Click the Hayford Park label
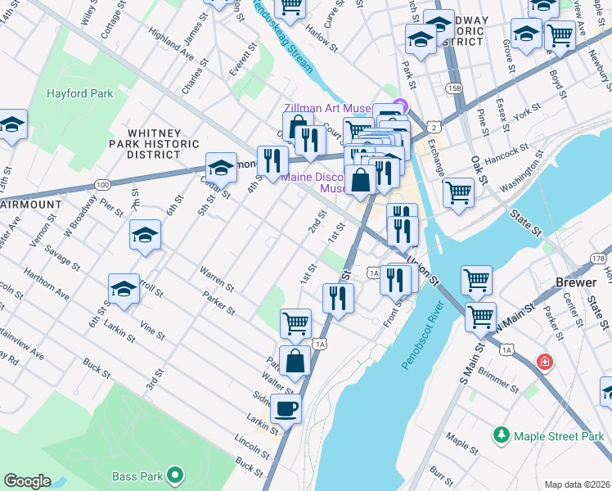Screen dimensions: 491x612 click(79, 94)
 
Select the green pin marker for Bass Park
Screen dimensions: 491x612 click(174, 475)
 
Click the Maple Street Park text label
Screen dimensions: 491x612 click(559, 437)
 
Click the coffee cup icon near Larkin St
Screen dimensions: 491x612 click(286, 408)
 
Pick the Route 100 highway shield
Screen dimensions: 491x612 click(102, 186)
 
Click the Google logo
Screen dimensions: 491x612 click(27, 481)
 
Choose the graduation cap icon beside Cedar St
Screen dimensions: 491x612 click(220, 168)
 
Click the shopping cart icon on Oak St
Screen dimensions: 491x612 click(458, 192)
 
